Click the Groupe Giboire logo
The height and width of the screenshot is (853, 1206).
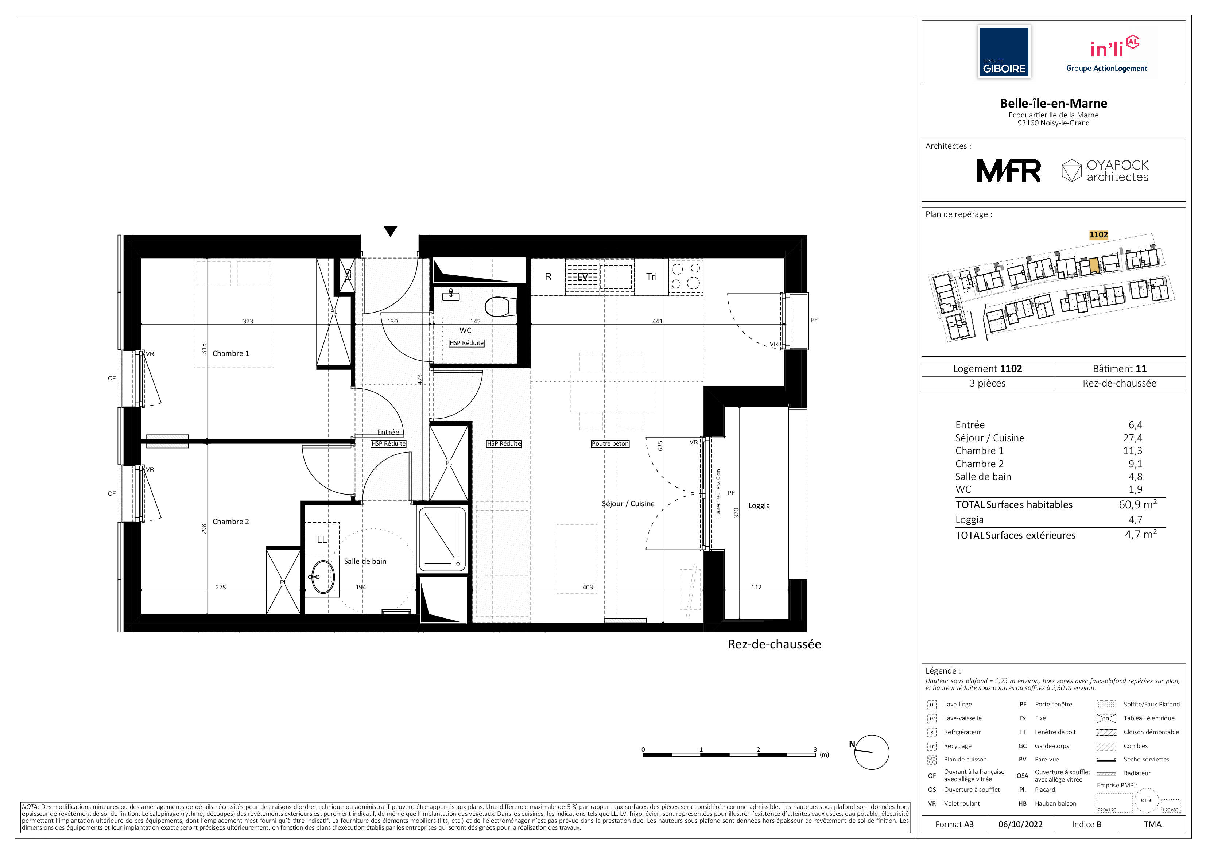point(1004,52)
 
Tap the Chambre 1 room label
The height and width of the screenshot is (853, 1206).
point(230,353)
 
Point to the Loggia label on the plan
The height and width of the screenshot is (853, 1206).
point(759,506)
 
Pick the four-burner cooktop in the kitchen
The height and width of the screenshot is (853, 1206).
point(686,276)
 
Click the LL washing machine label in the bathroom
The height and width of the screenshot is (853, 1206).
point(321,539)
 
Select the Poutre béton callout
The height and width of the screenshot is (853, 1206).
point(610,444)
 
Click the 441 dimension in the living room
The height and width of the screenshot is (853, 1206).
point(657,321)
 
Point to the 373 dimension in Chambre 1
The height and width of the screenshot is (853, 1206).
point(248,321)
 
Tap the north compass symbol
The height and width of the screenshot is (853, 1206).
point(869,752)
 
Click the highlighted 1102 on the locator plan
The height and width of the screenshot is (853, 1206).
point(1098,235)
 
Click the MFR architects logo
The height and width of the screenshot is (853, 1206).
point(1008,171)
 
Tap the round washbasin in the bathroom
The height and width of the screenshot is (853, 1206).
point(322,577)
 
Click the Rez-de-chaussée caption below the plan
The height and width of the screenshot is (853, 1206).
point(774,644)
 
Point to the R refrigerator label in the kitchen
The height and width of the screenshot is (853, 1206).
point(548,276)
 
